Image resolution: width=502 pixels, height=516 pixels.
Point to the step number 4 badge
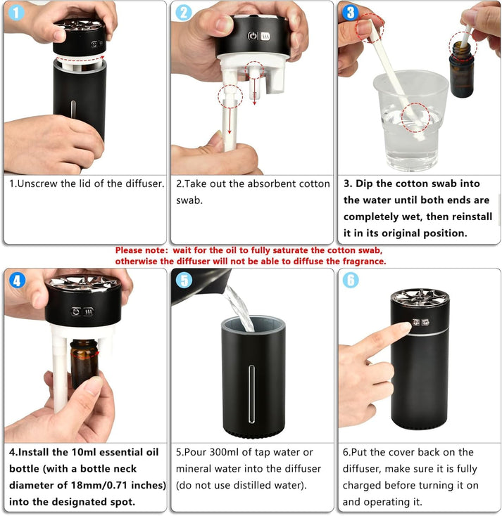16,280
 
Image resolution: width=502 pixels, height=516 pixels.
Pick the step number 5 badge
183,280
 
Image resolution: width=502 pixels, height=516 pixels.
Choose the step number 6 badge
350,280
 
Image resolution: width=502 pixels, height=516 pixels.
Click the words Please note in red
140,250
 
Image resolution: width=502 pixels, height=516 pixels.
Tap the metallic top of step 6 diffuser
420,299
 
